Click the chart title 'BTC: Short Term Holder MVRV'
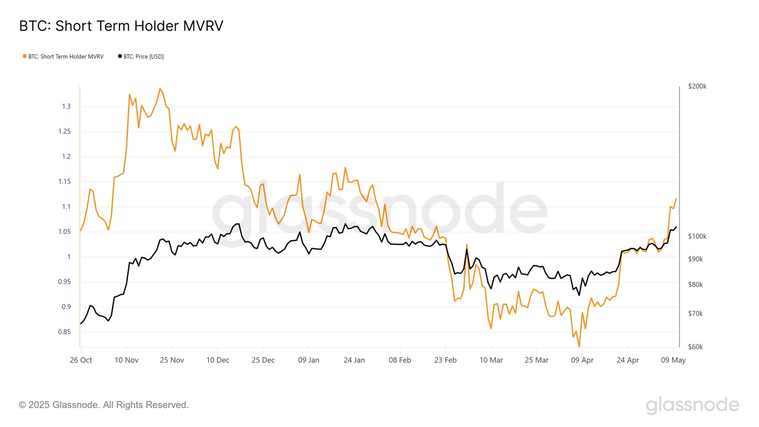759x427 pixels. click(121, 26)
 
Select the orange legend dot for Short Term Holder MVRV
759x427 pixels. click(24, 56)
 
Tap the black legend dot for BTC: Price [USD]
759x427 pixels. click(120, 56)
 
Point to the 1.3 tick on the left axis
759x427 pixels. click(66, 106)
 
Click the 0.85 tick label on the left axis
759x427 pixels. click(64, 332)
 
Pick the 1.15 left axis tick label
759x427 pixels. click(64, 182)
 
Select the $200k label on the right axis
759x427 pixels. click(697, 86)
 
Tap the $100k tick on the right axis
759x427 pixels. click(697, 237)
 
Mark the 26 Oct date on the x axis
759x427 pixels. click(81, 360)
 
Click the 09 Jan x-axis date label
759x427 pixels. click(308, 360)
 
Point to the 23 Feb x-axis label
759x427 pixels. click(445, 360)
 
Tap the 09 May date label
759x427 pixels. click(674, 360)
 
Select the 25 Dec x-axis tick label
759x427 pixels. click(263, 360)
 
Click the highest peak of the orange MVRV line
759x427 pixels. click(160, 89)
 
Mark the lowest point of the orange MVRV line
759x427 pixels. click(579, 347)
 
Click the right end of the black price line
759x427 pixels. click(676, 227)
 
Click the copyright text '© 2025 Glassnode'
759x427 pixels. click(103, 405)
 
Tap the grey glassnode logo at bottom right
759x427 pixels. click(692, 405)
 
